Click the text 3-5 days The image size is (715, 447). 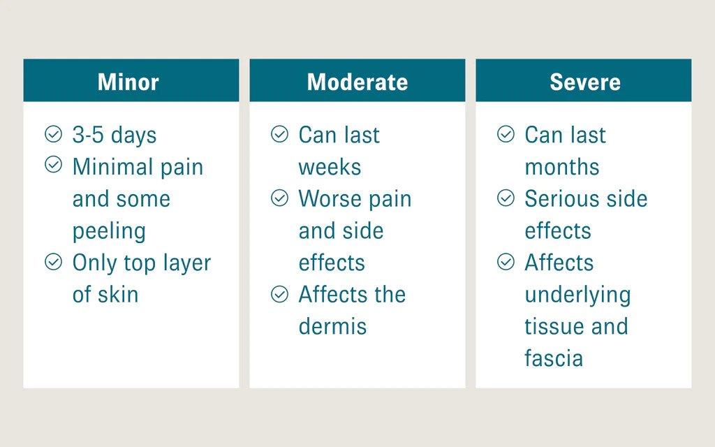coord(115,135)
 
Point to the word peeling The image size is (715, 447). coord(109,232)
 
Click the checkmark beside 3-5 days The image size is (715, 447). coord(53,134)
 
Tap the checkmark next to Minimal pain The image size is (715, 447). coord(53,165)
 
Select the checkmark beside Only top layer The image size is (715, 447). coord(53,262)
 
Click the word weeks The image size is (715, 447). coord(330,168)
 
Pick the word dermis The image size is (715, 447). coord(332,327)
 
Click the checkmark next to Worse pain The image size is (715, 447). coord(279,198)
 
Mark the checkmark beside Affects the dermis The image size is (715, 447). coord(279,294)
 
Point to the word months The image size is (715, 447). coord(562,168)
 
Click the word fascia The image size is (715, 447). coord(554,358)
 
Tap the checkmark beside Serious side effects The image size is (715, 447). coord(506,198)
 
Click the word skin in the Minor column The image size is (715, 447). coord(117,295)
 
